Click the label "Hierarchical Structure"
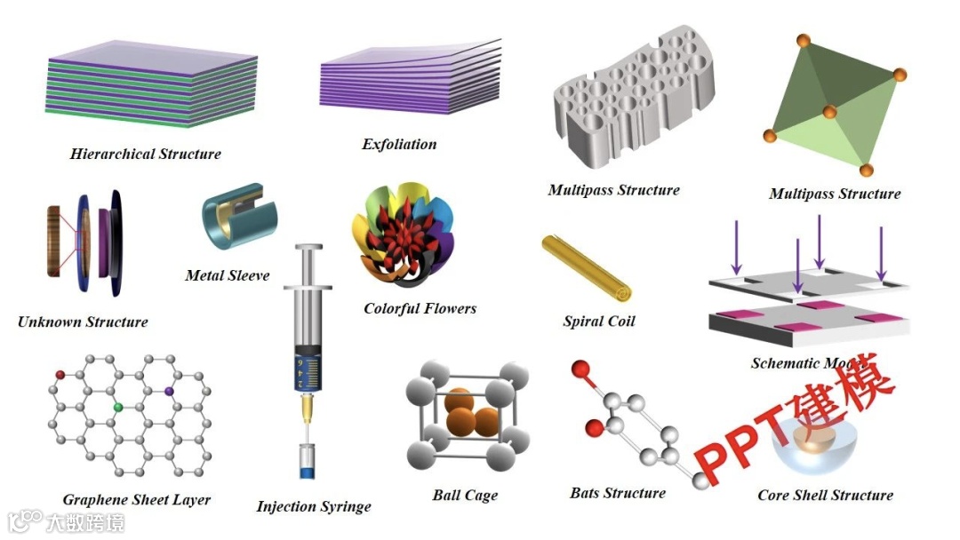pos(146,154)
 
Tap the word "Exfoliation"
pos(399,144)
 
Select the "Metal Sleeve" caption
pos(227,275)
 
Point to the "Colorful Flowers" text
pos(420,308)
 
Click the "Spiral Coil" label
pos(599,322)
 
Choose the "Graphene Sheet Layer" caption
pos(137,499)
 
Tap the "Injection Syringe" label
pos(314,506)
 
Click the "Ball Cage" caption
pos(465,496)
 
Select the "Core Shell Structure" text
pos(825,495)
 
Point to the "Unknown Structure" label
pos(83,322)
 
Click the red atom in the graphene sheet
pos(60,375)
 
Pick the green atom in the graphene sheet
pos(117,407)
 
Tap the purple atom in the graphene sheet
pos(169,390)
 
